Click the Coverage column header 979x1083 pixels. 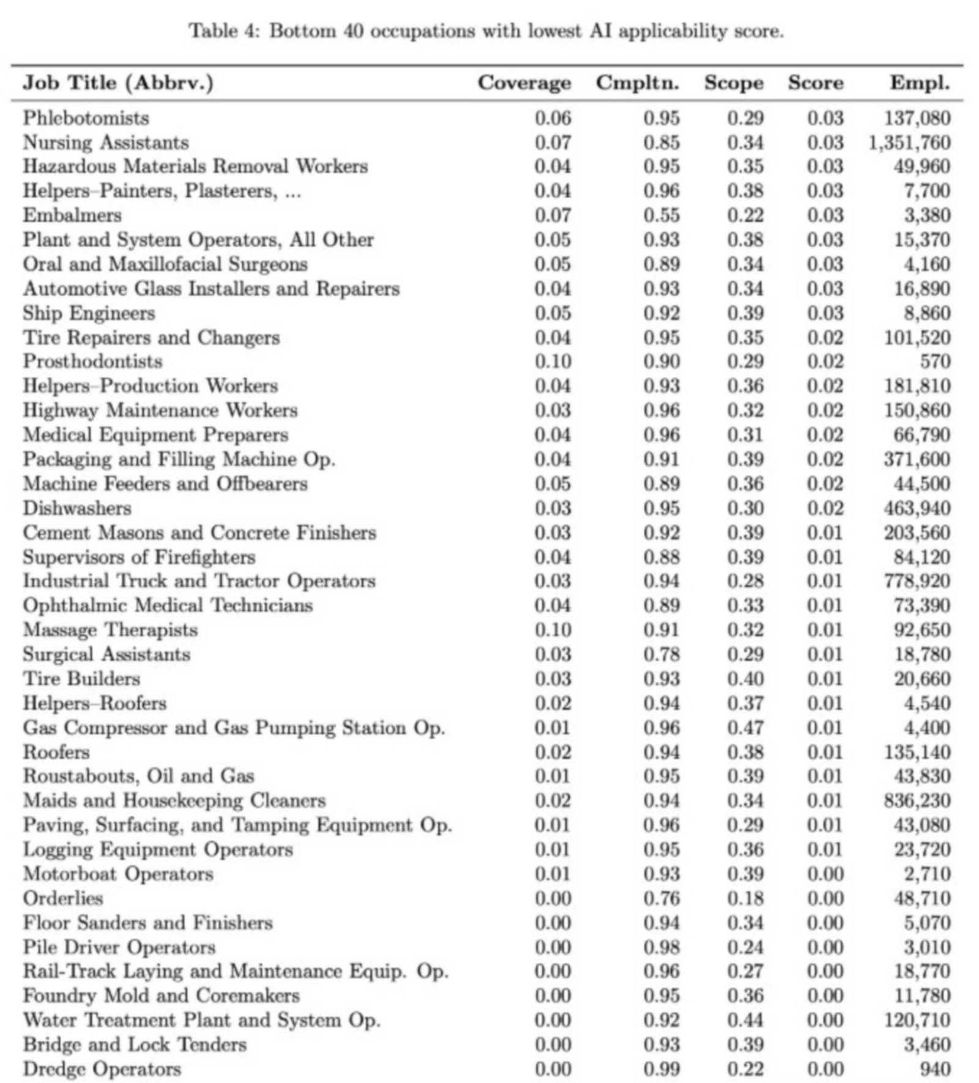pyautogui.click(x=524, y=83)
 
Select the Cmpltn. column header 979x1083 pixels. pyautogui.click(x=637, y=83)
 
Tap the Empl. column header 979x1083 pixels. pyautogui.click(x=920, y=83)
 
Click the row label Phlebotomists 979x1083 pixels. pyautogui.click(x=86, y=118)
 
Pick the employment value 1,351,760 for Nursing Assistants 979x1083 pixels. pyautogui.click(x=909, y=143)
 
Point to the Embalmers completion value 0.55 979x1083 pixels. pyautogui.click(x=661, y=215)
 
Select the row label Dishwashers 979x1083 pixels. pyautogui.click(x=77, y=508)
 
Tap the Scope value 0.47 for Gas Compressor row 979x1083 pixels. pyautogui.click(x=745, y=728)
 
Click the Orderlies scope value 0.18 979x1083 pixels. pyautogui.click(x=745, y=898)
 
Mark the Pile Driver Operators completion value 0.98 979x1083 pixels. pyautogui.click(x=661, y=947)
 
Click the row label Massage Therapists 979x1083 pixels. pyautogui.click(x=110, y=630)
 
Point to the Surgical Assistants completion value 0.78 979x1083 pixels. pyautogui.click(x=661, y=654)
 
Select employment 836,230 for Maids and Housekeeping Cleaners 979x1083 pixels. pyautogui.click(x=917, y=800)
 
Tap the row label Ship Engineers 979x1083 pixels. pyautogui.click(x=89, y=313)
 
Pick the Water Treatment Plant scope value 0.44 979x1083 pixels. pyautogui.click(x=745, y=1020)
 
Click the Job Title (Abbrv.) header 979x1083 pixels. pyautogui.click(x=118, y=83)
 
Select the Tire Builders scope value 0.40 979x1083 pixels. pyautogui.click(x=745, y=679)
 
